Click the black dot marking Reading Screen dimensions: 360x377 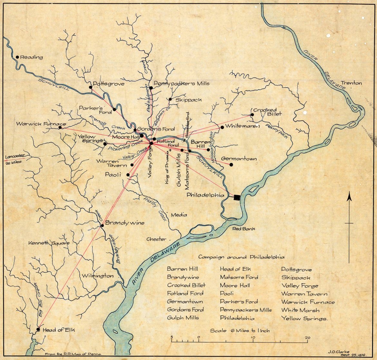17,57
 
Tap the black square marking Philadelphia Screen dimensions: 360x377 237,197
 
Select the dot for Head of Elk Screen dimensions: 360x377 38,329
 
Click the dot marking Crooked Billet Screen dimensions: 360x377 252,114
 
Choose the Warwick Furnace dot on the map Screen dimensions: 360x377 60,127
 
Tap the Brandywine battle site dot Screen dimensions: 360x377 102,225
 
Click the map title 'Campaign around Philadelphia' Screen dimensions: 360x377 241,257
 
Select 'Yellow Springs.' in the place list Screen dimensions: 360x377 304,318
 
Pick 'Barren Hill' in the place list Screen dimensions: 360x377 182,269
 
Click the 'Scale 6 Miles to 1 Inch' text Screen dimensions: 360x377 240,331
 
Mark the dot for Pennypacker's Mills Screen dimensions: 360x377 151,88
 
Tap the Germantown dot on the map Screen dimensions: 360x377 231,165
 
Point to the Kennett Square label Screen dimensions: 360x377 48,243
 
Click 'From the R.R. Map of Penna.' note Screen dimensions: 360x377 78,354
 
